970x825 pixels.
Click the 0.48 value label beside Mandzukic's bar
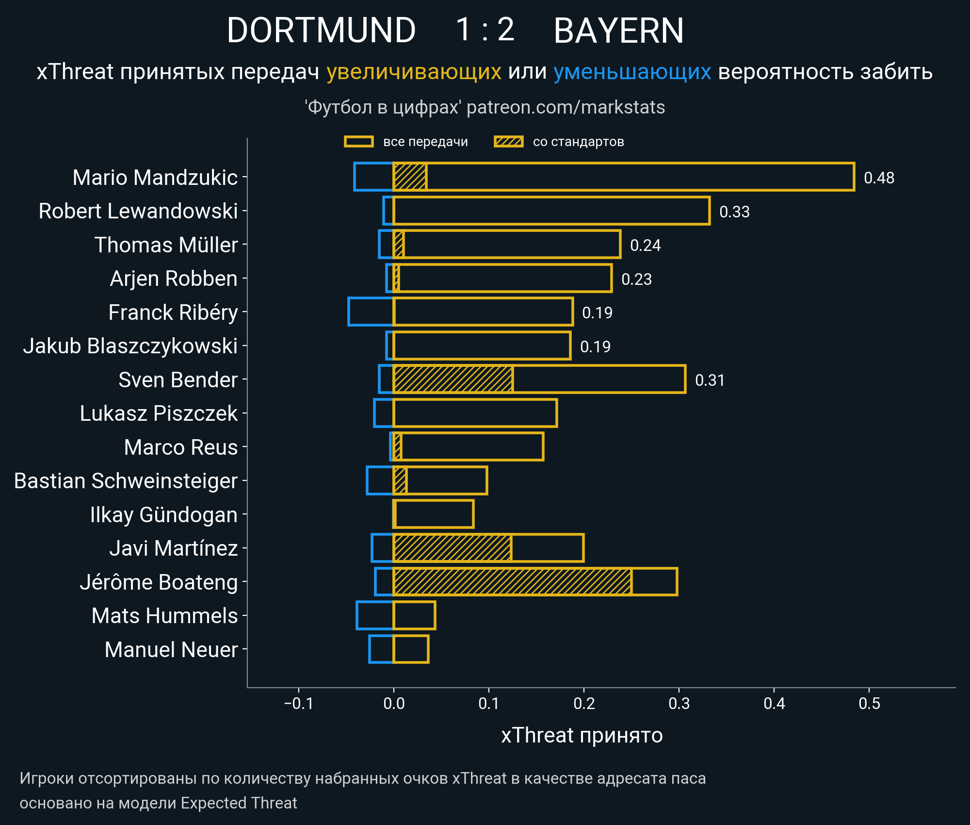[x=879, y=178]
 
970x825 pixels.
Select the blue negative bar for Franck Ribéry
[x=371, y=312]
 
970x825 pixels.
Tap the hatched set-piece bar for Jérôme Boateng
[x=512, y=581]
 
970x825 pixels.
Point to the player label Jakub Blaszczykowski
[x=130, y=346]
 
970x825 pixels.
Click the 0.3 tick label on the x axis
[x=679, y=703]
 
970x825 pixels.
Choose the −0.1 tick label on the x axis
[x=298, y=703]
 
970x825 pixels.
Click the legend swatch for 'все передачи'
[x=358, y=142]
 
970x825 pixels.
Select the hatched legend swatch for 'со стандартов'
[x=508, y=142]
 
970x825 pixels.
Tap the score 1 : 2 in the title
[x=485, y=30]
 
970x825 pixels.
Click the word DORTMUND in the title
[x=321, y=30]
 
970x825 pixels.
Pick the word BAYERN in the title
[x=618, y=30]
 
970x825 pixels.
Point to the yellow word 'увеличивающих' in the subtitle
[x=414, y=72]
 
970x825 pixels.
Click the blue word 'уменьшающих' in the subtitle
[x=632, y=72]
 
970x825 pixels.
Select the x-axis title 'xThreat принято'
[x=582, y=735]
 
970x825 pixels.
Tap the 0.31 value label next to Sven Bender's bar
[x=710, y=380]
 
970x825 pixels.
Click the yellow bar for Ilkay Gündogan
[x=434, y=514]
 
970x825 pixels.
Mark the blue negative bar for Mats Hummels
[x=374, y=615]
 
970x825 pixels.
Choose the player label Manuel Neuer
[x=171, y=649]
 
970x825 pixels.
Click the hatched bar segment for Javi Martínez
[x=453, y=548]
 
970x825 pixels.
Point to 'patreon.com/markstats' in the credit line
[x=566, y=107]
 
